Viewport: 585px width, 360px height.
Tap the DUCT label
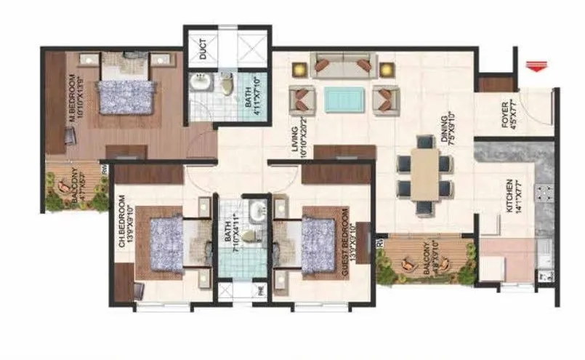203,47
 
